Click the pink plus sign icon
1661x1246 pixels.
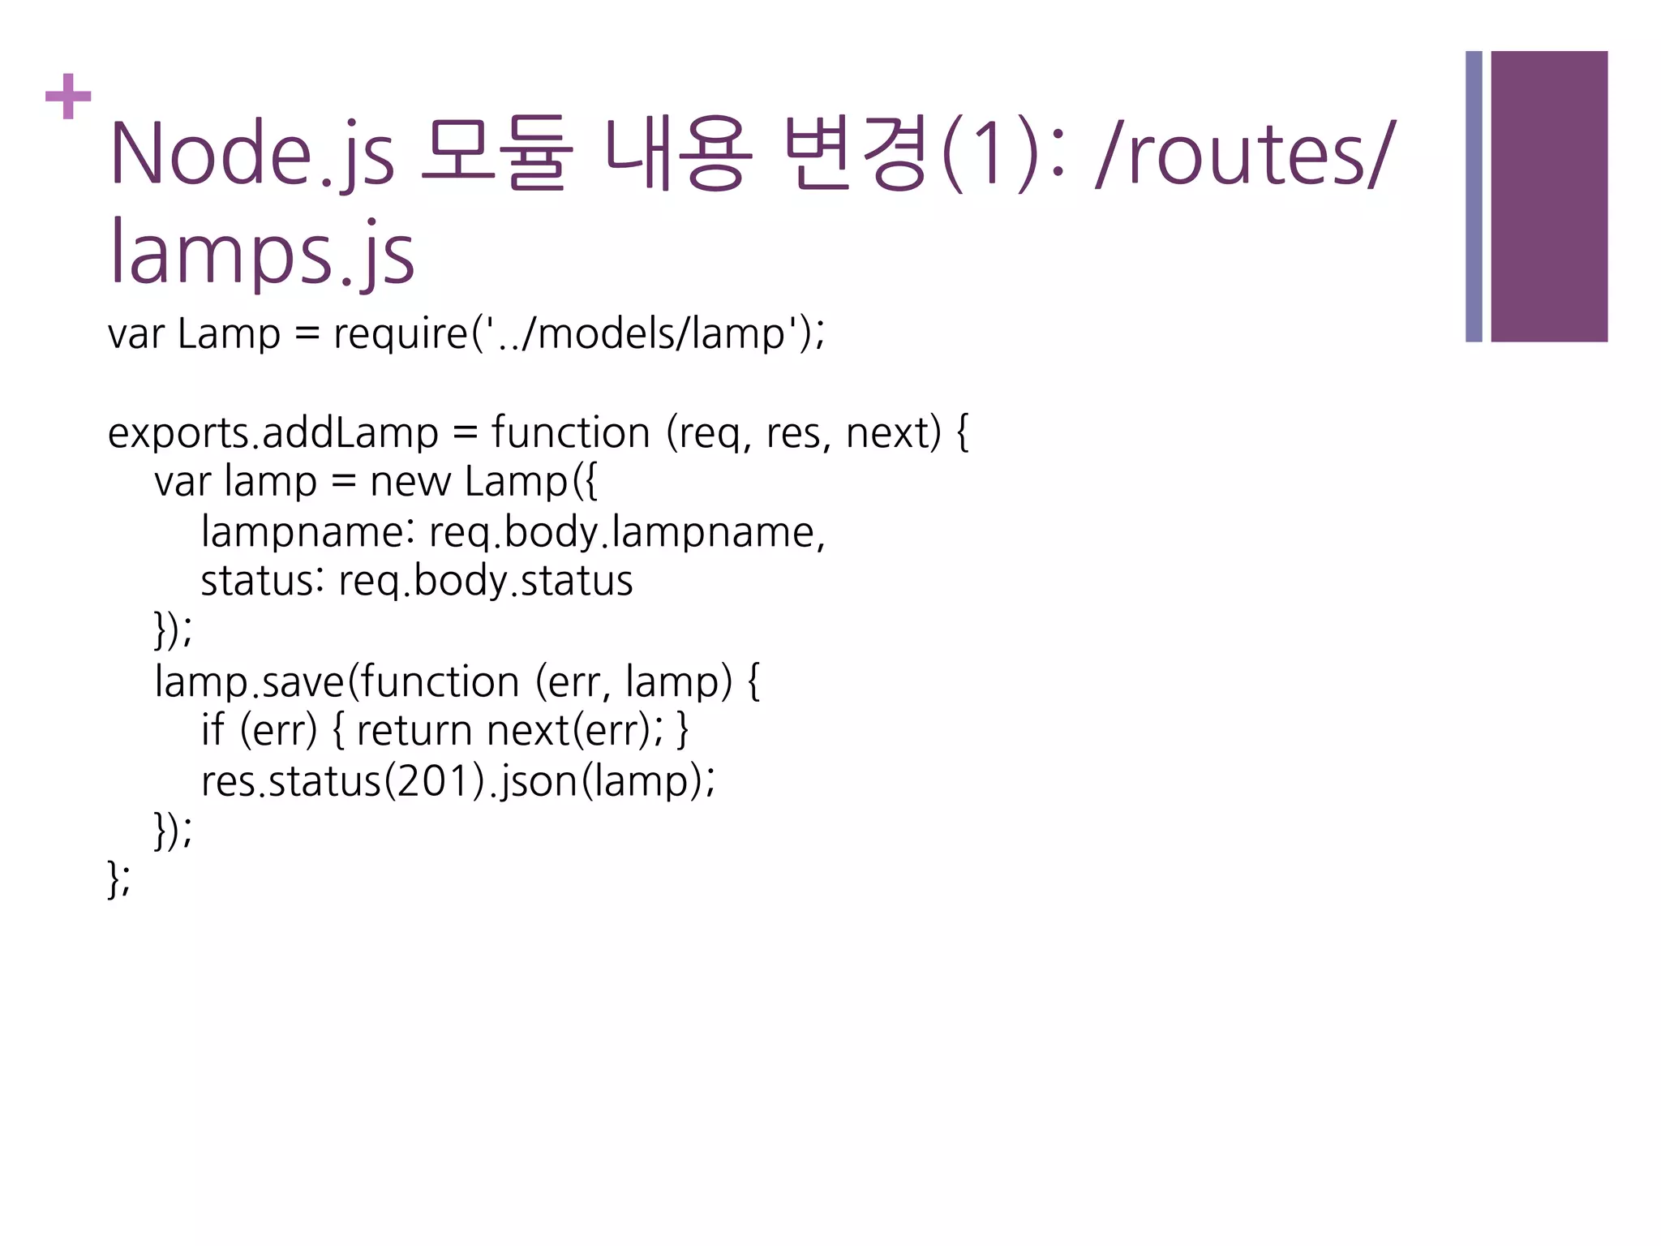point(68,96)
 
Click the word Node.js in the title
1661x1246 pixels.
point(251,154)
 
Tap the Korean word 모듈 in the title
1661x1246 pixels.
point(496,154)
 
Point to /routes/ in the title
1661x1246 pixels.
point(1244,154)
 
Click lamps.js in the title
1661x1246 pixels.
point(262,253)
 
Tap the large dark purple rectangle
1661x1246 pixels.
point(1548,196)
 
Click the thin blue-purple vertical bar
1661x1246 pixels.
point(1474,196)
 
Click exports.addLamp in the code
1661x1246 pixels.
point(273,433)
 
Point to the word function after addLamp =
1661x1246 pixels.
point(570,433)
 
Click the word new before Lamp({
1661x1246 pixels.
point(410,483)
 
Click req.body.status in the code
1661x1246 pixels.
point(485,582)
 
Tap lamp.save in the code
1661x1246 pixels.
point(249,682)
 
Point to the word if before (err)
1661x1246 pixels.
point(212,731)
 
